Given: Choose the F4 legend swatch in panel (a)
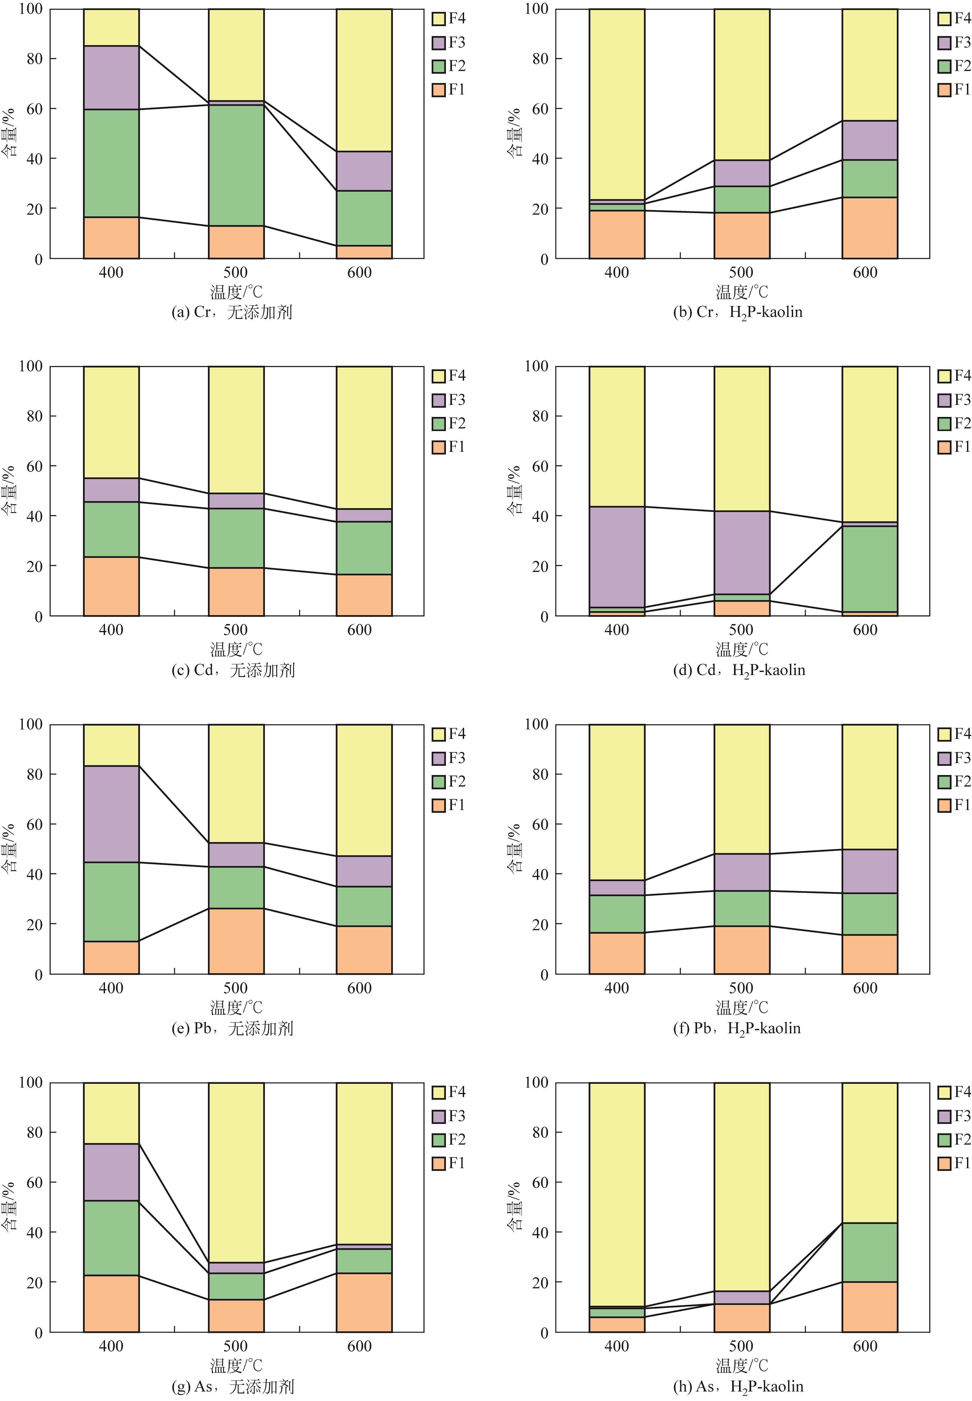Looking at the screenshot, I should (439, 19).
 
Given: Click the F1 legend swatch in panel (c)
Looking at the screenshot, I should (439, 448).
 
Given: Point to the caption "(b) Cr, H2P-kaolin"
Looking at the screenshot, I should (737, 312).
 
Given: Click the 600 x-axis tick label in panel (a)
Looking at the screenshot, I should (359, 272).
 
